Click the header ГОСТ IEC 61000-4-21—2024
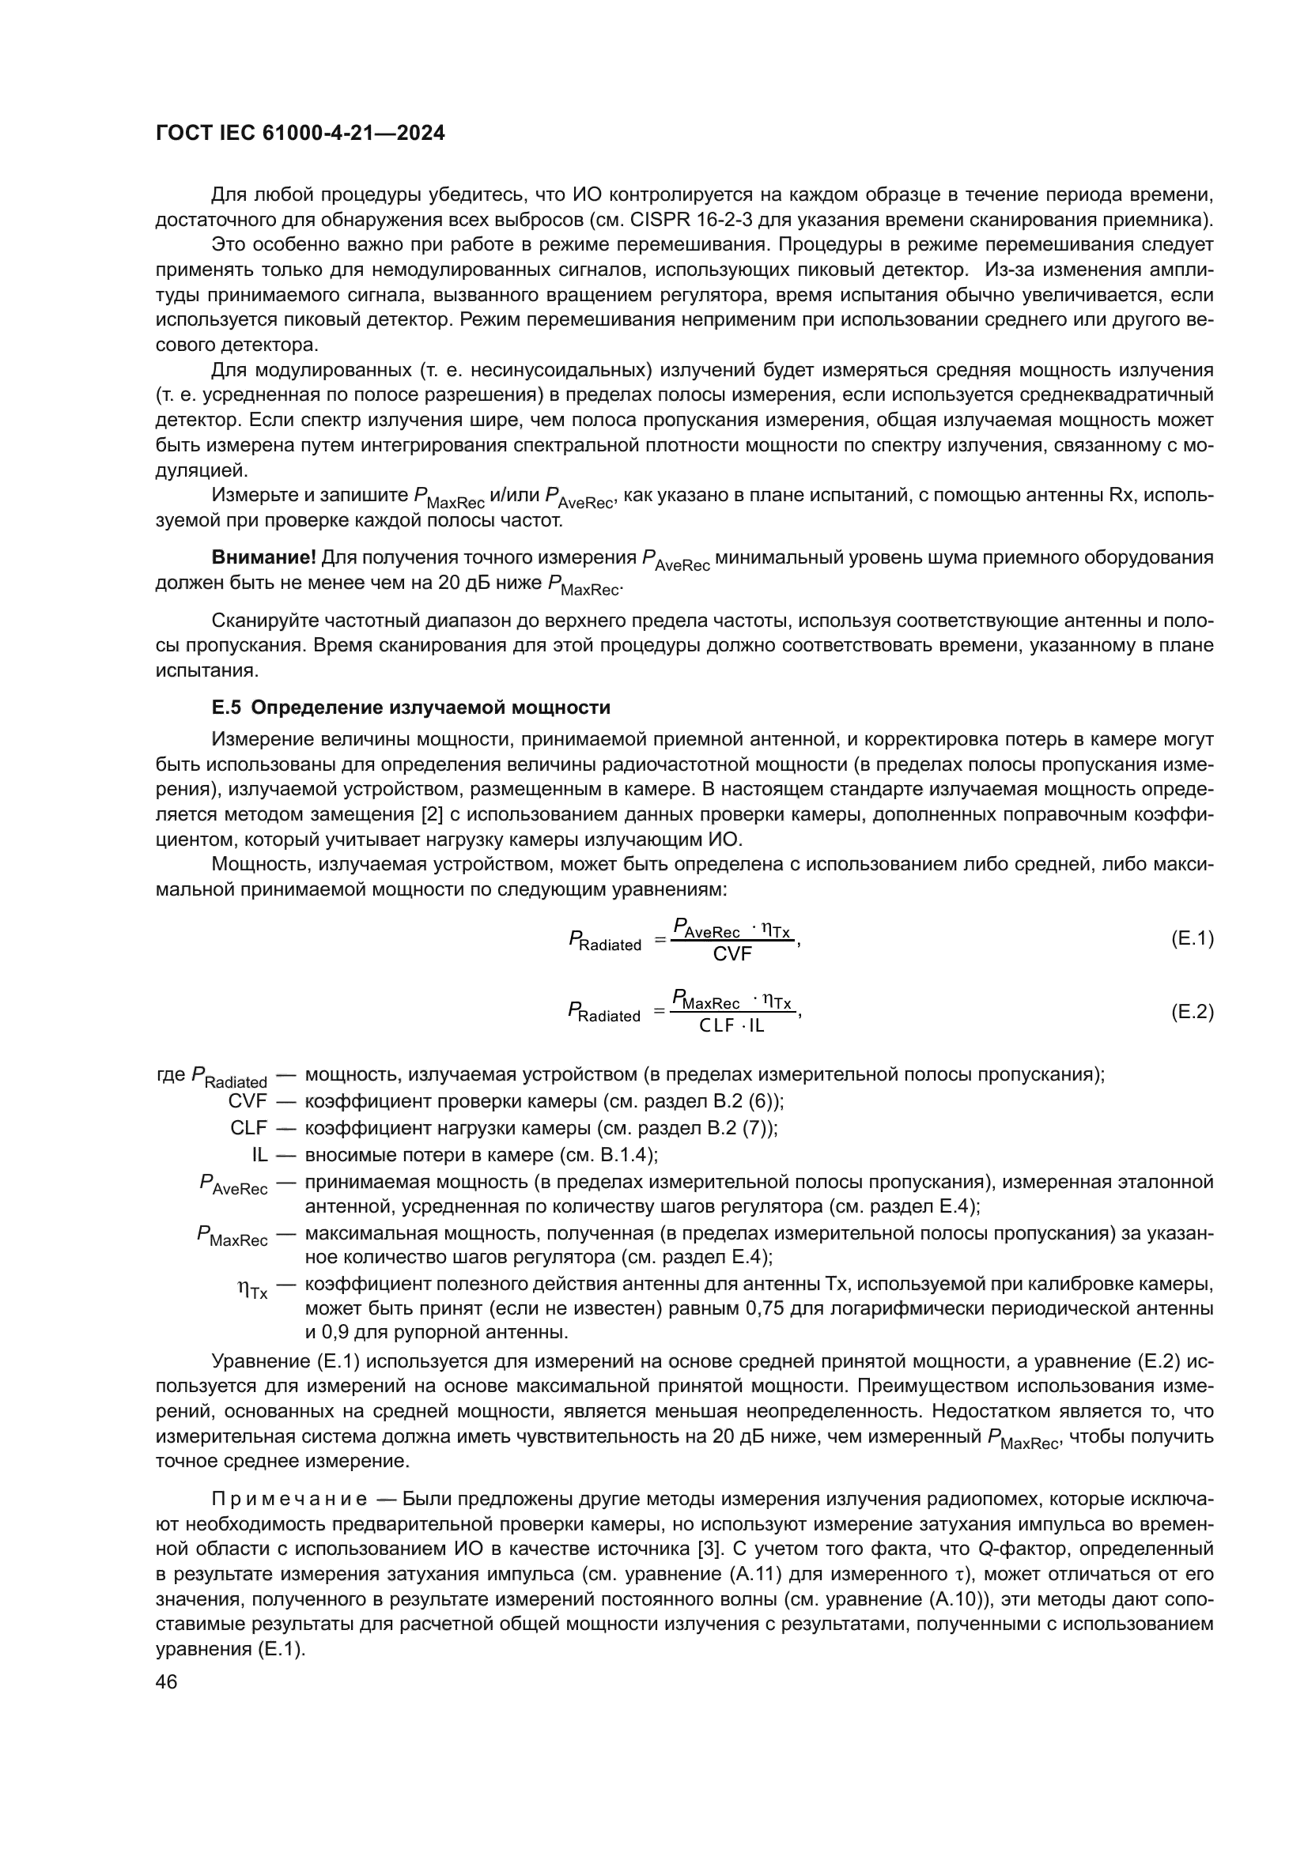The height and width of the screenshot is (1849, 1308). (x=300, y=134)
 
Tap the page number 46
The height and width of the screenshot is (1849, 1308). (x=167, y=1681)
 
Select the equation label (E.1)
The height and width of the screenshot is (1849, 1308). (x=1191, y=938)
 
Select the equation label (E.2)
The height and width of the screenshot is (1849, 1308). (x=1191, y=1012)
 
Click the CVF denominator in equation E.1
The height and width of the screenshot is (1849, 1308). (x=732, y=954)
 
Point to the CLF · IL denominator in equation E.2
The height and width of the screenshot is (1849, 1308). (x=732, y=1026)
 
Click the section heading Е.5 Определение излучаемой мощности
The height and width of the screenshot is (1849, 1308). (x=410, y=707)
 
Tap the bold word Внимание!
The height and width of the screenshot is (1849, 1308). (x=263, y=557)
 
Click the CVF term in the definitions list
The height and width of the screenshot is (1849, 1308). (x=248, y=1101)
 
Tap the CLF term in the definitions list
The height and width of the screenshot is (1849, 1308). (x=248, y=1127)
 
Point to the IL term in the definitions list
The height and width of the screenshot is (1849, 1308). (x=259, y=1155)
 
